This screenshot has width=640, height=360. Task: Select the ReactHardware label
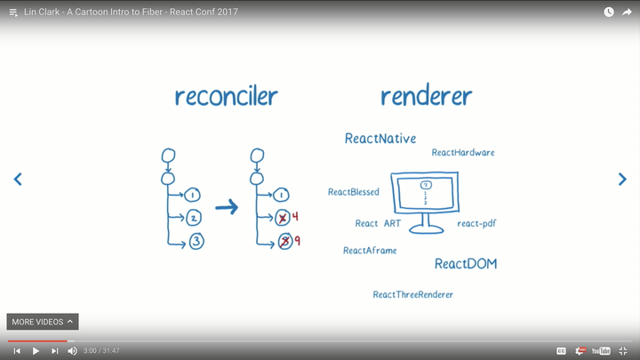pos(463,153)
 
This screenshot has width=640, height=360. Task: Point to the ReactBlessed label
pos(354,192)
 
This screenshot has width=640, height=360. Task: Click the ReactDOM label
pos(466,264)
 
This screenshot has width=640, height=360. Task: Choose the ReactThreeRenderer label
pos(413,294)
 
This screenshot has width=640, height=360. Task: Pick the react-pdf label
pos(476,223)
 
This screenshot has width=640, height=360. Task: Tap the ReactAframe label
pos(370,251)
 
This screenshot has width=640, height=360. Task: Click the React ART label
pos(379,223)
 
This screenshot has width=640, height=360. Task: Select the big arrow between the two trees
pos(228,207)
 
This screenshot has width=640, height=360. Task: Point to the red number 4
pos(295,217)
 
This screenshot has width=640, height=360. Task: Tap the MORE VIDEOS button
pos(43,322)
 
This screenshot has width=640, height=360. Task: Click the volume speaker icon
pos(73,351)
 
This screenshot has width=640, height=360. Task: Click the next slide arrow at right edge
pos(622,180)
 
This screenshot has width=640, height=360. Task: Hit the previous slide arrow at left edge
pos(18,180)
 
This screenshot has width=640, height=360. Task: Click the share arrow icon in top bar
pos(627,12)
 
